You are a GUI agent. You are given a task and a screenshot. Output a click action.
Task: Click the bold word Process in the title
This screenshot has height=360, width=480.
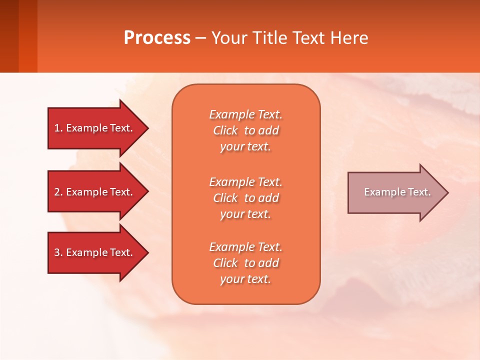click(x=157, y=37)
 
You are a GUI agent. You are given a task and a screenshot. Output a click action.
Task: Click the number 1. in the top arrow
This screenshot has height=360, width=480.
click(x=58, y=128)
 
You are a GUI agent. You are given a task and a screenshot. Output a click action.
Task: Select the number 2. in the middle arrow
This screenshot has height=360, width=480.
click(x=58, y=192)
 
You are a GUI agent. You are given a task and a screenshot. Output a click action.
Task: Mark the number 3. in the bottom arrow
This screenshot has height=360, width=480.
click(x=58, y=252)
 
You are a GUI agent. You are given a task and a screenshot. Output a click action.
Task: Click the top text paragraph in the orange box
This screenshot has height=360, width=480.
click(x=245, y=130)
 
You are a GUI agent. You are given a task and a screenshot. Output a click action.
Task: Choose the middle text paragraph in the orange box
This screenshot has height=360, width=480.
click(x=245, y=198)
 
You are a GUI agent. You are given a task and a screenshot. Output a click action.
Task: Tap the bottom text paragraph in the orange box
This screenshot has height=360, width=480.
click(x=245, y=263)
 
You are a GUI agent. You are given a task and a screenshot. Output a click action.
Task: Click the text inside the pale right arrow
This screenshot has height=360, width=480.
click(x=397, y=192)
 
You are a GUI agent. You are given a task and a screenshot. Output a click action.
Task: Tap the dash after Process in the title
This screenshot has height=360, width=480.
click(x=201, y=38)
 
